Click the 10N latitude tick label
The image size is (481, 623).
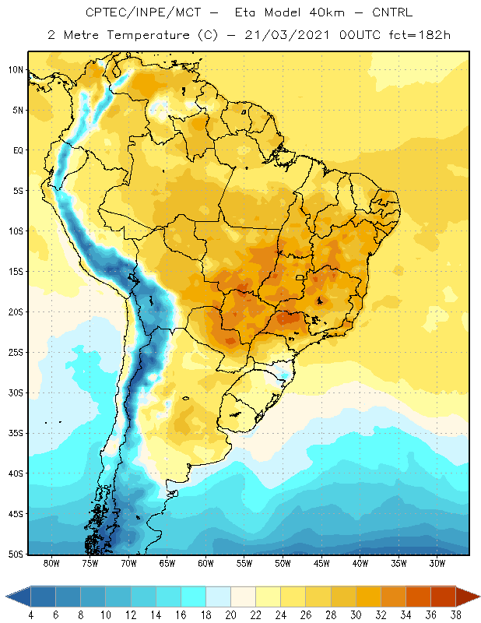coord(16,70)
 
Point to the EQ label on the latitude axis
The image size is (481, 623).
coord(18,150)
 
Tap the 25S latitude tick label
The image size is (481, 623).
coord(16,353)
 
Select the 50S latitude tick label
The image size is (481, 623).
coord(16,554)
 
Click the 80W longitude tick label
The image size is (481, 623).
coord(51,563)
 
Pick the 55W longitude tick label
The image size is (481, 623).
coord(244,563)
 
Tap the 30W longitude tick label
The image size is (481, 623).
coord(437,563)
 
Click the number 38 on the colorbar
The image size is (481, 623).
coord(455,615)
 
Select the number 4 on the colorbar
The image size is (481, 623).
coord(30,615)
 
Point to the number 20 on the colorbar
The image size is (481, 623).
coord(230,615)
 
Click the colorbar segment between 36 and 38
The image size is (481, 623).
coord(443,597)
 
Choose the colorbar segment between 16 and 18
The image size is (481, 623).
coord(194,597)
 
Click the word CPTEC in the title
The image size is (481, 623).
coord(103,12)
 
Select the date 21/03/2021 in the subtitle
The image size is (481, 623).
coord(286,35)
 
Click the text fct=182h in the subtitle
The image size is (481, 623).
coord(420,35)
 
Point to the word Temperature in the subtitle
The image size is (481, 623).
coord(148,35)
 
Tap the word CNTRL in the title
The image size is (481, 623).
coord(392,12)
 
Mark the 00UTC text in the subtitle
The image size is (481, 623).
coord(359,35)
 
